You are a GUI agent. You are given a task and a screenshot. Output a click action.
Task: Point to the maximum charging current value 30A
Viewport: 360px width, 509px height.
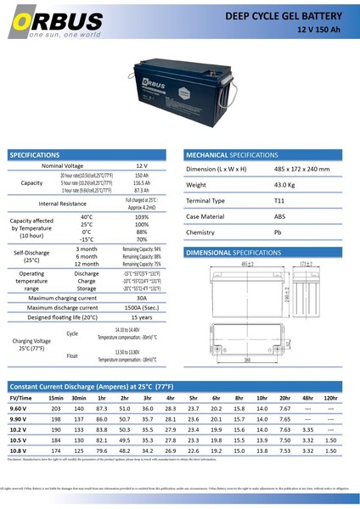pos(141,299)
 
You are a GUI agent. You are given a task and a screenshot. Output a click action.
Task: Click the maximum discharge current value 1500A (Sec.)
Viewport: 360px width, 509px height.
pos(141,308)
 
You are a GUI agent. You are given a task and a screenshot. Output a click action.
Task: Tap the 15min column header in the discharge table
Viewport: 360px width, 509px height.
pos(56,398)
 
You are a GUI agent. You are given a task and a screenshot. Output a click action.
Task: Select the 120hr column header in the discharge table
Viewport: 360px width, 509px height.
pos(330,398)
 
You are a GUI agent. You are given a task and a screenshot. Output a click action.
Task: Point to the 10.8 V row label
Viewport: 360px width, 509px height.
pos(20,450)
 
